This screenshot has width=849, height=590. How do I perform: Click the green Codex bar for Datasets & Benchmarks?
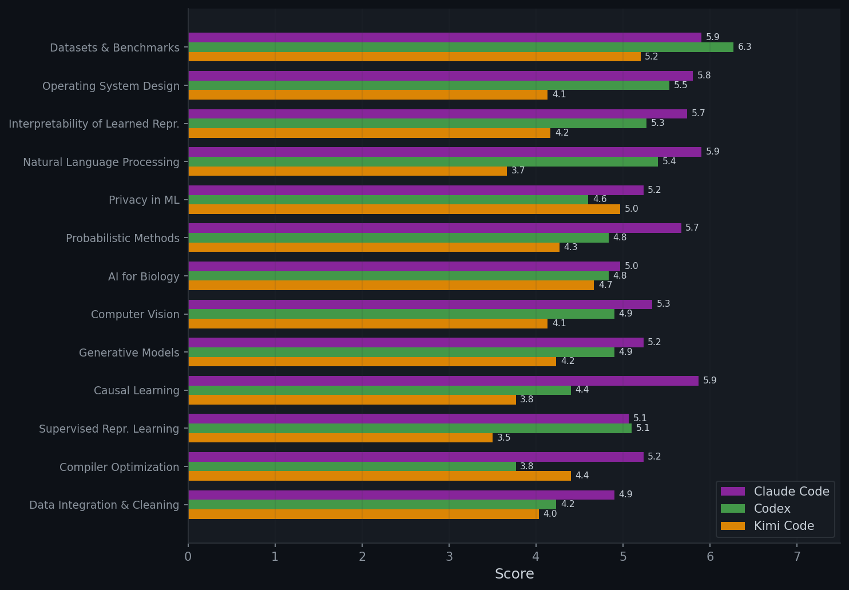461,47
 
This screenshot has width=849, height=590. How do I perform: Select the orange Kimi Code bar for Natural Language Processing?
347,171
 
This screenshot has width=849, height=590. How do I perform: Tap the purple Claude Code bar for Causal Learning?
443,381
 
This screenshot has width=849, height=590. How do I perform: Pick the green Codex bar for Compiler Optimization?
352,466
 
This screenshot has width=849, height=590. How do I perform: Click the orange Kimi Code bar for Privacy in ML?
404,209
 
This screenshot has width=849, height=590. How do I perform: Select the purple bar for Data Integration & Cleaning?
401,495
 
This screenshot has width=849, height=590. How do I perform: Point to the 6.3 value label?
744,47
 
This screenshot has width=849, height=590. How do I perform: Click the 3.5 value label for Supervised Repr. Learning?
503,438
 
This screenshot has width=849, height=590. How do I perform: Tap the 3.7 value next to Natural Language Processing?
518,171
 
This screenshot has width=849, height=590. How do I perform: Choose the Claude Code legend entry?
775,492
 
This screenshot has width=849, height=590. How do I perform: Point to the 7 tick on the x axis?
797,556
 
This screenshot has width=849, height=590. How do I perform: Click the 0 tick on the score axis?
188,556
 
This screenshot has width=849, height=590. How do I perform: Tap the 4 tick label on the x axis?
536,556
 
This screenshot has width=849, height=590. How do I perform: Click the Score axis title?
514,574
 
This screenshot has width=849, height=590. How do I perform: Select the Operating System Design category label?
111,86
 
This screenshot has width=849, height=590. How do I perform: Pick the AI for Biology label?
144,276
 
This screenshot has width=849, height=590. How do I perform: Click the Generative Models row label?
129,353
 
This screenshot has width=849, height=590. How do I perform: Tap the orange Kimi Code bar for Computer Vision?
368,324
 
